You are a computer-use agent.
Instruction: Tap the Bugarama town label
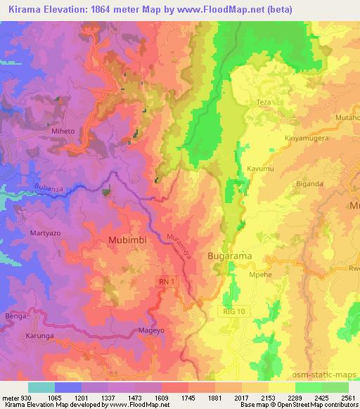229,257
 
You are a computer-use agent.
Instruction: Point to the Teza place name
264,103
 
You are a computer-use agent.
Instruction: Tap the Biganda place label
310,184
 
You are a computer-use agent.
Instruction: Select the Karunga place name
40,337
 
